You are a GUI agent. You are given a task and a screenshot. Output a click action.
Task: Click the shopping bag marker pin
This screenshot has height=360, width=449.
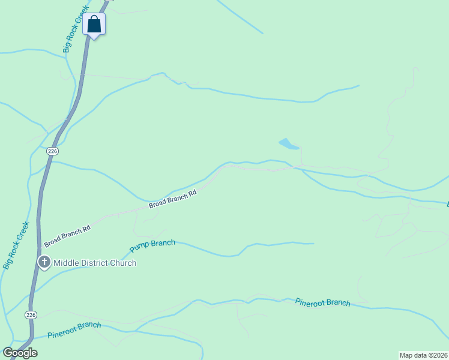(x=94, y=24)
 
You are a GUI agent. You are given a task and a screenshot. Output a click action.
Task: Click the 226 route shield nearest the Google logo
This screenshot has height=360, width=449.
(x=31, y=314)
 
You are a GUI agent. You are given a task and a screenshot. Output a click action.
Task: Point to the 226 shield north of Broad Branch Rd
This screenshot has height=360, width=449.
(x=52, y=151)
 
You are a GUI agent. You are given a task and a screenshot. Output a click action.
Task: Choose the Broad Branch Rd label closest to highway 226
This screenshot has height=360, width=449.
(x=67, y=235)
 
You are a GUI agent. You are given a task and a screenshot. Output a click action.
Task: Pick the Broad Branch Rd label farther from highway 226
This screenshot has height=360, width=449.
(x=173, y=200)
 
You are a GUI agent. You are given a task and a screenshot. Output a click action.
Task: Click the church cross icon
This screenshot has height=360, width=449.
(x=44, y=262)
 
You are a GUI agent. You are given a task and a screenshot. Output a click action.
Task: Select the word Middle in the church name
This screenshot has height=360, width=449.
(x=66, y=263)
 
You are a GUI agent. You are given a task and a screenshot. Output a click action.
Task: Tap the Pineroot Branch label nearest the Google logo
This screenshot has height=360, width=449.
(x=74, y=329)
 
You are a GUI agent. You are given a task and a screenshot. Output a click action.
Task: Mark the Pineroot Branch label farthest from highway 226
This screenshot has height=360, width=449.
(x=322, y=302)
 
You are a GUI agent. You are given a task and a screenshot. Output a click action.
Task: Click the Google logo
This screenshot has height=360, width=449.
(x=20, y=353)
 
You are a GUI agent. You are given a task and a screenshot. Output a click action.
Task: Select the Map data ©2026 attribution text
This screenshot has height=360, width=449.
(x=423, y=355)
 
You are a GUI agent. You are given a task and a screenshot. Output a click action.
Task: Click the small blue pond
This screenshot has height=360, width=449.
(x=288, y=144)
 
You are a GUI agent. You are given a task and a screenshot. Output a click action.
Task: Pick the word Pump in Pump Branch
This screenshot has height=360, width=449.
(x=140, y=248)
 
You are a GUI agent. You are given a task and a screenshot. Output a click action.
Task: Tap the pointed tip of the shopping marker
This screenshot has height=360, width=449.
(x=94, y=39)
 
